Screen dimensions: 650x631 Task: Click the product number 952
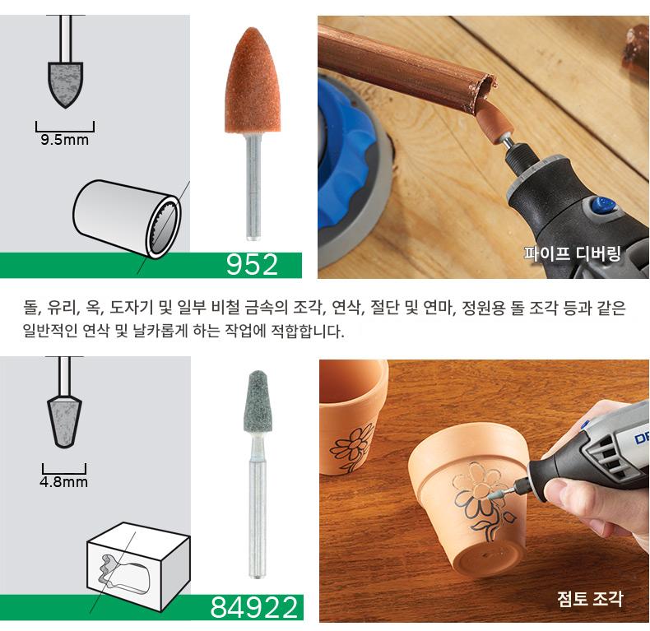[x=252, y=265]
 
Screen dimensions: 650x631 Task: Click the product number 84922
[x=253, y=607]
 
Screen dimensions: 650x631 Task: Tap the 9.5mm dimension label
[x=65, y=140]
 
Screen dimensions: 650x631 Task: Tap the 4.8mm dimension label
[x=64, y=482]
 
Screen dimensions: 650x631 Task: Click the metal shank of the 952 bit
[x=253, y=187]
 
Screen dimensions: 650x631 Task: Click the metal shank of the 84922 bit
[x=257, y=509]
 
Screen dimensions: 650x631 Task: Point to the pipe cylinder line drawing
[x=127, y=219]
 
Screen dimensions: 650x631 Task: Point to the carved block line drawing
[x=138, y=567]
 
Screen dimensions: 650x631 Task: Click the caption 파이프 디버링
[x=573, y=253]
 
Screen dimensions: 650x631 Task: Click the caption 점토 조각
[x=590, y=599]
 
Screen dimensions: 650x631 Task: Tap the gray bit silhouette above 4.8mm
[x=64, y=422]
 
